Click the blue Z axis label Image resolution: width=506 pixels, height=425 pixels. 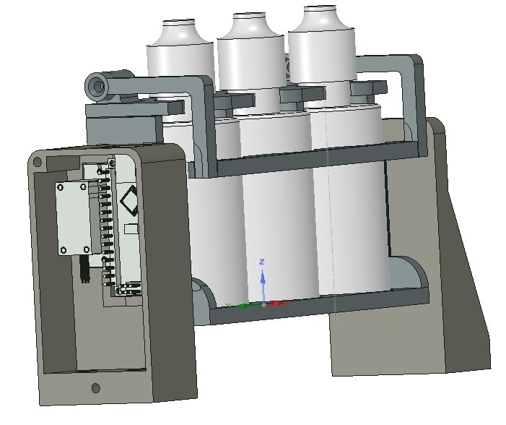(263, 261)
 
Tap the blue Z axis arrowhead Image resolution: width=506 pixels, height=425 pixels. (263, 276)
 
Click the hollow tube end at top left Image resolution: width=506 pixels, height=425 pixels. (95, 87)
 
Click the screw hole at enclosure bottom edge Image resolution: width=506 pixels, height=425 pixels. (96, 388)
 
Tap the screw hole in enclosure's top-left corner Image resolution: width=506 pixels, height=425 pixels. (37, 163)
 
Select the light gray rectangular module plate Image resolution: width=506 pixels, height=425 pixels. (72, 217)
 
